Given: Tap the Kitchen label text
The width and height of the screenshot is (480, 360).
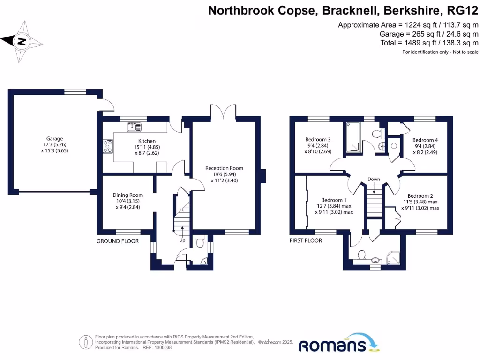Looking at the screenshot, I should pyautogui.click(x=147, y=141).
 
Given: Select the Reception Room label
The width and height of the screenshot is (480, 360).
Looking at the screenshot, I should pyautogui.click(x=224, y=168).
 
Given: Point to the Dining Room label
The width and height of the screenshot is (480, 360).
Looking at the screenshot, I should pyautogui.click(x=127, y=195).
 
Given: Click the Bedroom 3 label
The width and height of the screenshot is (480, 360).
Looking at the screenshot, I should pyautogui.click(x=318, y=139).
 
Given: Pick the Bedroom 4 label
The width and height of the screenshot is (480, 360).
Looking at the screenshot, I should pyautogui.click(x=425, y=140).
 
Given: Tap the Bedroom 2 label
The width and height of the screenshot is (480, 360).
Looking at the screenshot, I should pyautogui.click(x=420, y=196).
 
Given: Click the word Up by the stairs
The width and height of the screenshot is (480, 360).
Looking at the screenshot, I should pyautogui.click(x=182, y=240).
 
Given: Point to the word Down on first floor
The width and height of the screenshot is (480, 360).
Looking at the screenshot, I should pyautogui.click(x=374, y=179).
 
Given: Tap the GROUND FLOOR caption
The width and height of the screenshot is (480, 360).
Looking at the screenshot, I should pyautogui.click(x=118, y=241).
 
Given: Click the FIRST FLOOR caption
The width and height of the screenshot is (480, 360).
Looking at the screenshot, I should pyautogui.click(x=306, y=240).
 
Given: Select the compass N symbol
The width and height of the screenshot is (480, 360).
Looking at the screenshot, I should pyautogui.click(x=21, y=41).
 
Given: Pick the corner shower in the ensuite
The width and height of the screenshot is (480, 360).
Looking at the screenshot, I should pyautogui.click(x=393, y=256).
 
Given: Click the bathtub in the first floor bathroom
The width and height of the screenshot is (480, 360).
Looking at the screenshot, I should pyautogui.click(x=354, y=137).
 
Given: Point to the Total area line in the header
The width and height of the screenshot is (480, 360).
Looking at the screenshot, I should pyautogui.click(x=429, y=42).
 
